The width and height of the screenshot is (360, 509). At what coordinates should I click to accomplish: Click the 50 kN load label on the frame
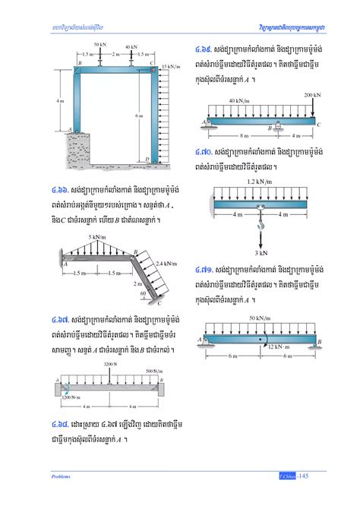point(100,45)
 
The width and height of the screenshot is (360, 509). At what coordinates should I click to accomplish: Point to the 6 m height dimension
point(137,115)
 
